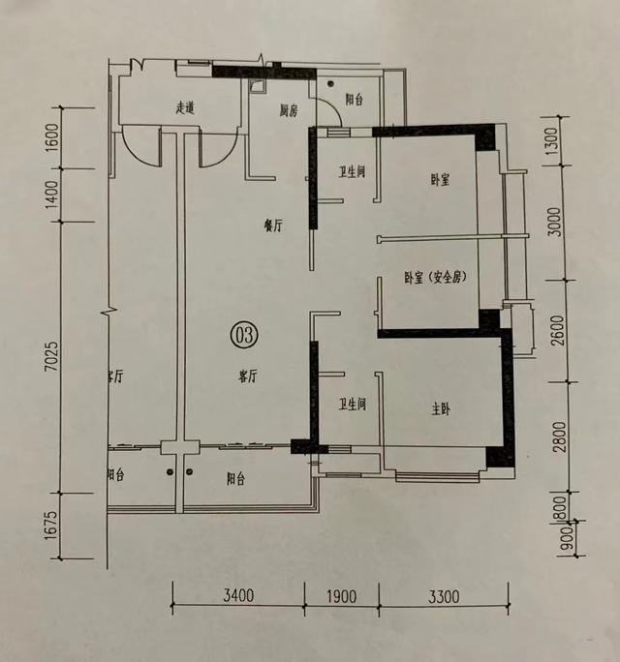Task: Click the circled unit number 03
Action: click(244, 335)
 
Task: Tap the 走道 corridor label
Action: click(185, 108)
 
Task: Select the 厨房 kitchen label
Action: click(289, 110)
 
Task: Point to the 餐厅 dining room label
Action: click(272, 226)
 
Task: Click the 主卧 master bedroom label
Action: click(441, 408)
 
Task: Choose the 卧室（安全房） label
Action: click(435, 278)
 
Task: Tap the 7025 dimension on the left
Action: click(52, 357)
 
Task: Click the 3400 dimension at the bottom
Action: click(238, 596)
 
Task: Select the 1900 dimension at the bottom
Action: click(342, 596)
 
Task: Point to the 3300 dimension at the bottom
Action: click(444, 597)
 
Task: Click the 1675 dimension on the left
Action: click(50, 526)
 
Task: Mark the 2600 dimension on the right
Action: click(559, 331)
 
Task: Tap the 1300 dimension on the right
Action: click(552, 141)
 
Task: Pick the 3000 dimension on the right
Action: click(557, 222)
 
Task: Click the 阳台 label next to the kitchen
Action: click(355, 100)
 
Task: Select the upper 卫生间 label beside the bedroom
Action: click(352, 172)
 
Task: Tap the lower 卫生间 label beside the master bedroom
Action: click(352, 405)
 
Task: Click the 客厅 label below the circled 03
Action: click(247, 376)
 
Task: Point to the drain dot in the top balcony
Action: click(330, 83)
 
